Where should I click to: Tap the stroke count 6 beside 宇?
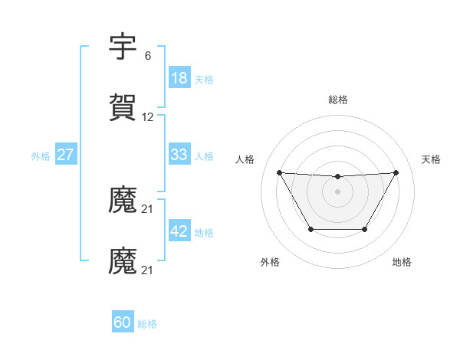point(148,56)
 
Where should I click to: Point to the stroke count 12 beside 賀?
point(148,117)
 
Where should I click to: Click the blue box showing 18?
point(179,78)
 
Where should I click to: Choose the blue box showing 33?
point(179,155)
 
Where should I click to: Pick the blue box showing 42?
point(179,231)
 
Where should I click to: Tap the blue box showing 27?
point(65,155)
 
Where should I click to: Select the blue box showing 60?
point(123,322)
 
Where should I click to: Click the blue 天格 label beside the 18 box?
point(204,79)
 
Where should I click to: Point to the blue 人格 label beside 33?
point(204,155)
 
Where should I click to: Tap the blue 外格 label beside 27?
point(41,155)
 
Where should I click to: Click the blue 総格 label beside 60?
point(148,323)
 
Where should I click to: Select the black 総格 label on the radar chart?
point(338,100)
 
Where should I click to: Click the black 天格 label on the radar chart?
point(431,159)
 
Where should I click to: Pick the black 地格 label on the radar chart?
point(402,262)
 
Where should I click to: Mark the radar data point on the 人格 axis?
point(280,172)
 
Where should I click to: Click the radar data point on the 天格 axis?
point(396,172)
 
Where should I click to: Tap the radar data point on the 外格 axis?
point(310,229)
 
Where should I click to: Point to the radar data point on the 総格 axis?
point(338,177)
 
